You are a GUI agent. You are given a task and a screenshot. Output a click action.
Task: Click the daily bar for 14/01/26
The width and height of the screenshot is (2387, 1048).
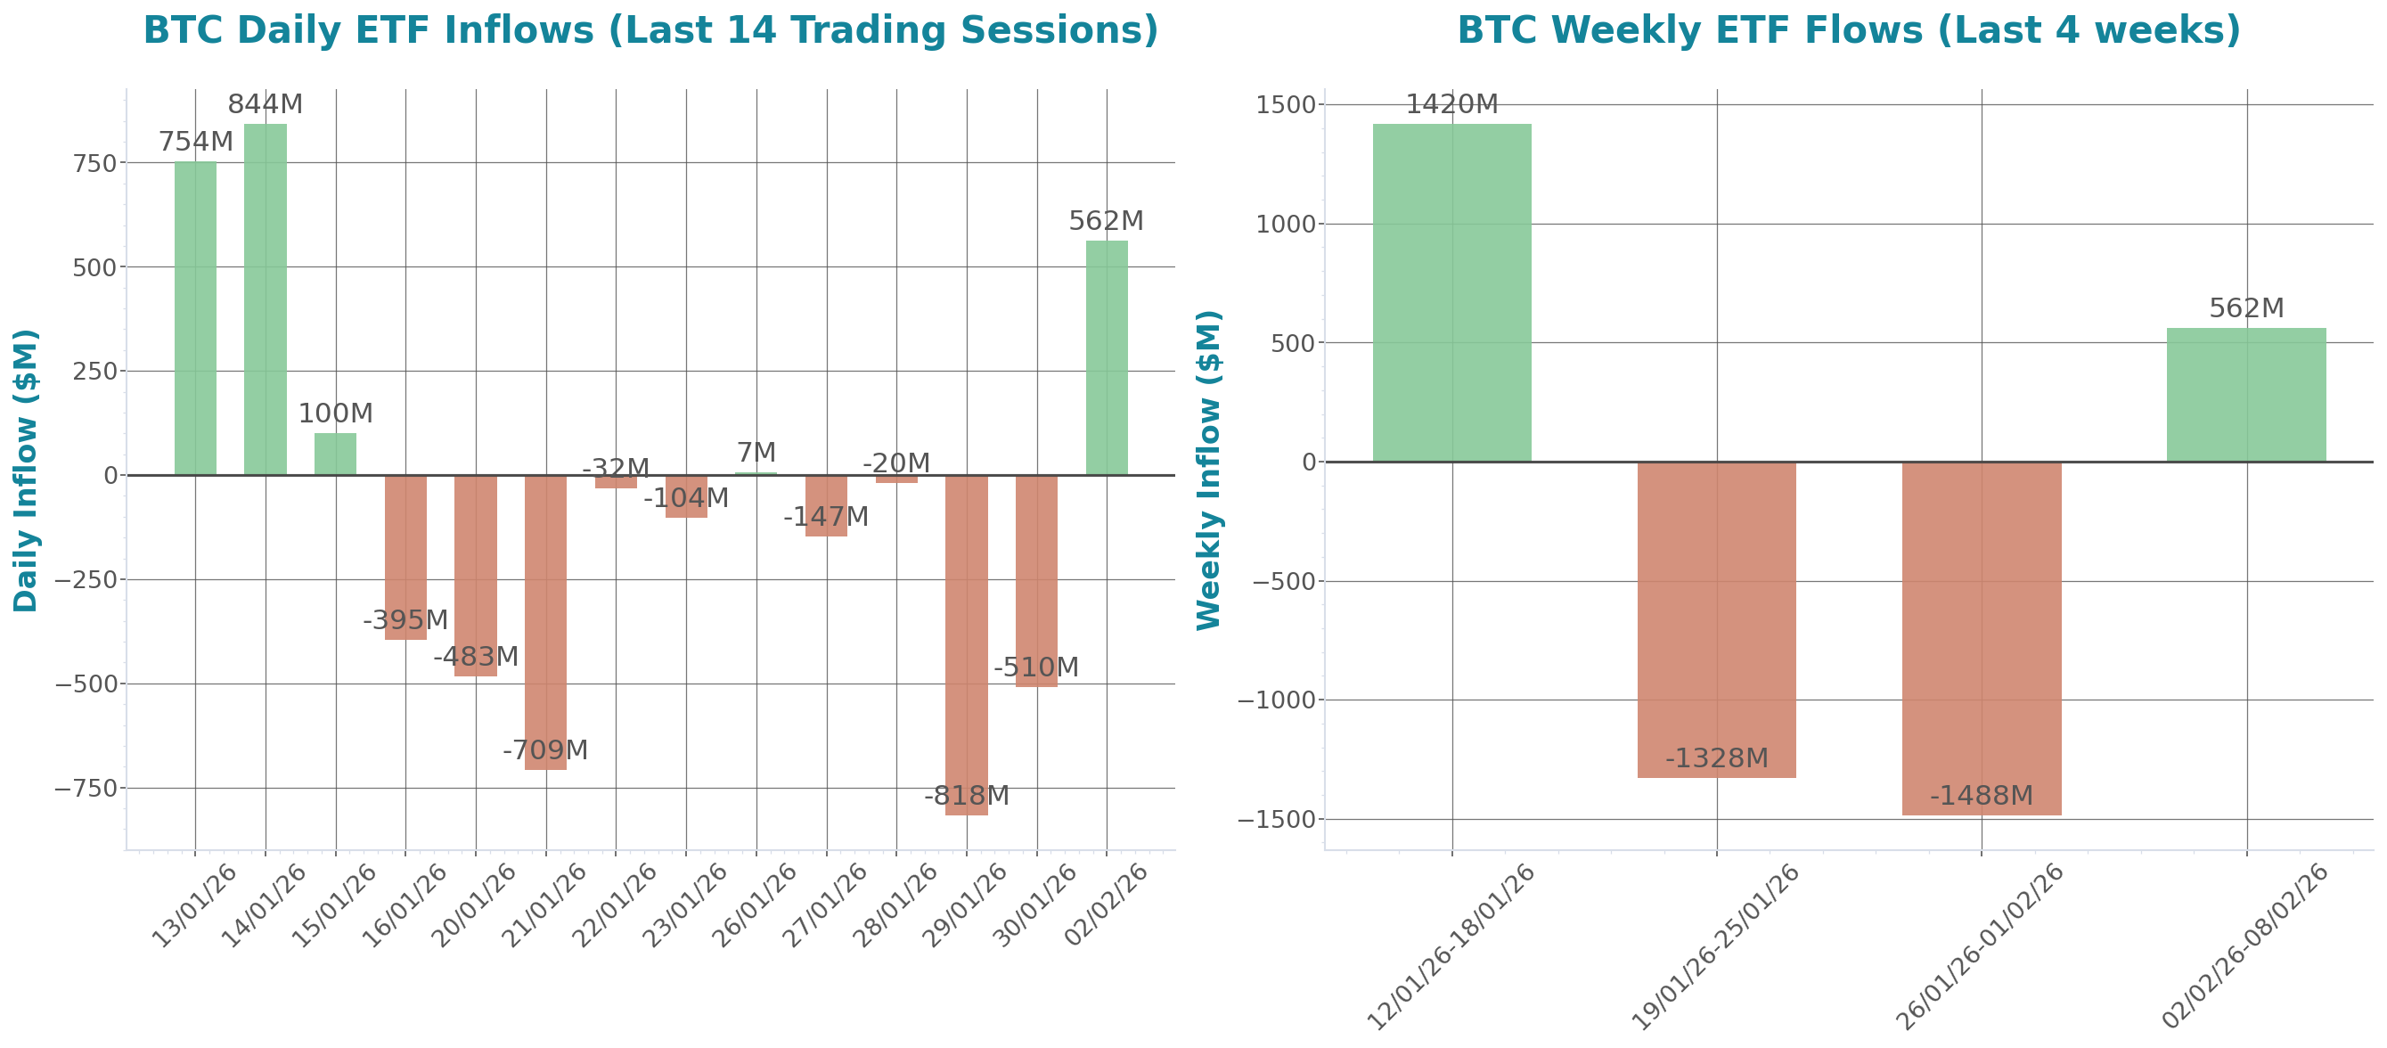click(x=265, y=299)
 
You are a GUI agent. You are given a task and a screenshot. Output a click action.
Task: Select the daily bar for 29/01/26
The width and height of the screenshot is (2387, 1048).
click(x=967, y=645)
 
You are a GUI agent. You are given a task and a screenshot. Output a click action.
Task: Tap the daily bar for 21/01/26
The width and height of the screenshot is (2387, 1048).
click(x=546, y=622)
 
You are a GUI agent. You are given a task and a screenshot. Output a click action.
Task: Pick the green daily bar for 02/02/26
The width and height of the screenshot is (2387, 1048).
click(x=1107, y=357)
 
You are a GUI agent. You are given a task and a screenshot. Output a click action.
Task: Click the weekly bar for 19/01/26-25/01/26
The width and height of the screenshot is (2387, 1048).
click(x=1716, y=619)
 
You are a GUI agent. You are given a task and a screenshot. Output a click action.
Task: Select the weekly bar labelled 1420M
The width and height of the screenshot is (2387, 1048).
click(x=1452, y=292)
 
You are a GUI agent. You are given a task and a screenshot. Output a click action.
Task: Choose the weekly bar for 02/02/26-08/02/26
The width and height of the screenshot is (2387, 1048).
click(x=2246, y=395)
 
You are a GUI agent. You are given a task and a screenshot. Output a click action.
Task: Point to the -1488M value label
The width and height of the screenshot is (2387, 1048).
click(x=1981, y=795)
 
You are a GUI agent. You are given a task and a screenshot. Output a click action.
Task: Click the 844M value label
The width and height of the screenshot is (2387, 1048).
click(x=265, y=104)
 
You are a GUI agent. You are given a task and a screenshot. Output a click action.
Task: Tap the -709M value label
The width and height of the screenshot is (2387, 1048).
click(x=546, y=749)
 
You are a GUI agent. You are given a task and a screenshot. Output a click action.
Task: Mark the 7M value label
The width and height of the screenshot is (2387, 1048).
click(x=756, y=452)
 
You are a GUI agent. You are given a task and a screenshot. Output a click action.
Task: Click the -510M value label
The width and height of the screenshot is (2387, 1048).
click(x=1036, y=667)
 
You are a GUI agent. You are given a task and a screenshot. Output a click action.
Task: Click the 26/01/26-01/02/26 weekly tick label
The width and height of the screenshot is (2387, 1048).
click(x=1979, y=946)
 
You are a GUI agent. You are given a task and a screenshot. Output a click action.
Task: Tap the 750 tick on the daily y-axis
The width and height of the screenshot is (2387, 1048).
click(x=98, y=163)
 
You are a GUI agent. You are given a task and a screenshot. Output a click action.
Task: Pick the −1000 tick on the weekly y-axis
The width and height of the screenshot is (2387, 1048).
click(x=1277, y=700)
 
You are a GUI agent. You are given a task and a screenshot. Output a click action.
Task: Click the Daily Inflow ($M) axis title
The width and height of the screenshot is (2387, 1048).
click(x=26, y=470)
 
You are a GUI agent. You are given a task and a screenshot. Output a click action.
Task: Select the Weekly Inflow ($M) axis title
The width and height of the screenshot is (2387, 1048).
click(x=1209, y=470)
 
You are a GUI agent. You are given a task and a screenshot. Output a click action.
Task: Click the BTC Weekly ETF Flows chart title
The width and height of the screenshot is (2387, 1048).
click(x=1849, y=29)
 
